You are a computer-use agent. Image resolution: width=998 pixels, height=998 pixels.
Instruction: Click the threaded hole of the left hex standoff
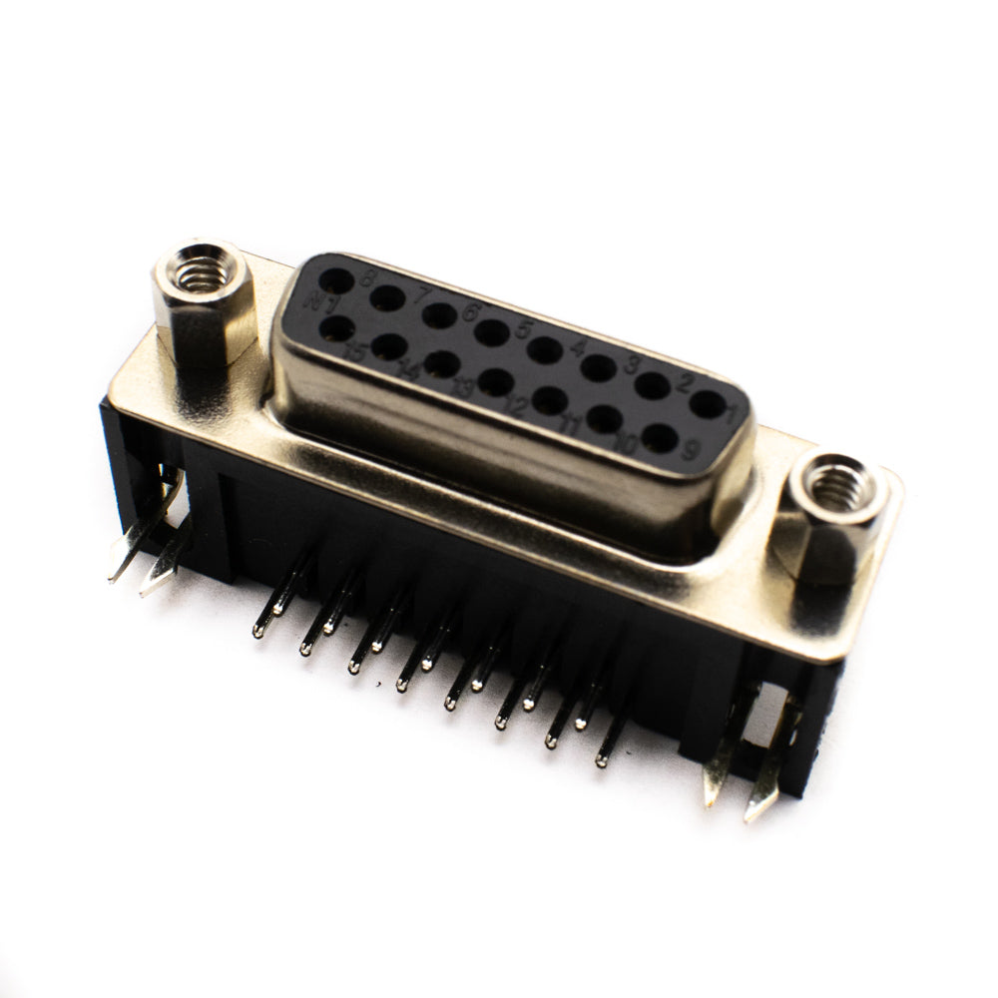click(204, 270)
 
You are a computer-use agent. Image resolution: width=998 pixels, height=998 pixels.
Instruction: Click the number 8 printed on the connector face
click(367, 278)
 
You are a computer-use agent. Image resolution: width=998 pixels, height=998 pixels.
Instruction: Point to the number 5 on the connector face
click(521, 330)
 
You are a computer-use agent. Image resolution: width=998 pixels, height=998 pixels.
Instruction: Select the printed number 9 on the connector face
click(690, 450)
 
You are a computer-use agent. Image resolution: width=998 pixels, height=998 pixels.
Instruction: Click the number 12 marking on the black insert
click(516, 406)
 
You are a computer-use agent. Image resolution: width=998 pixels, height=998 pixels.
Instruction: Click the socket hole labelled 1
click(707, 404)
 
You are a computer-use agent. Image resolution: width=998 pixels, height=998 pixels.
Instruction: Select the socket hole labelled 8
click(336, 281)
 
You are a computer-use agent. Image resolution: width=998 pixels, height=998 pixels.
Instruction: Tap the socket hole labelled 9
click(659, 437)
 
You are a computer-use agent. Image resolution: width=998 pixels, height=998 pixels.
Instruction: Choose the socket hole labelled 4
click(598, 368)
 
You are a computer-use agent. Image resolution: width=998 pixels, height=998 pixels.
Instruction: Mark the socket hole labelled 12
click(496, 380)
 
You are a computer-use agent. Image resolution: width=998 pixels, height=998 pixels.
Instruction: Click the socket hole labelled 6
click(491, 332)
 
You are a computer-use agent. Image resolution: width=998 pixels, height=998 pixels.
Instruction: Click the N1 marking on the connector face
click(322, 302)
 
